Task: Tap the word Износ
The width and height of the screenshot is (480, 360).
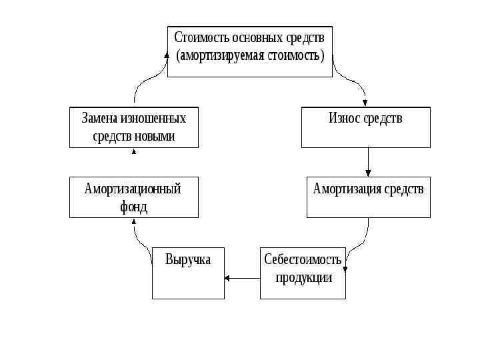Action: point(344,119)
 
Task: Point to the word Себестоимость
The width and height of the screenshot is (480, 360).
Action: point(303,259)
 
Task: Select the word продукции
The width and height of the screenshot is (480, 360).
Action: point(303,277)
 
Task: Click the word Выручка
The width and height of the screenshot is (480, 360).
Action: point(188,259)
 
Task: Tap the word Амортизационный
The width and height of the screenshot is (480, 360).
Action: point(133,189)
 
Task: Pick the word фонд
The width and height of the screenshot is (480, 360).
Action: point(133,207)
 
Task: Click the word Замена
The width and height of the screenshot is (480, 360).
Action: point(100,119)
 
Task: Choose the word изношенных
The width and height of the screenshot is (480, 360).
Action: point(154,119)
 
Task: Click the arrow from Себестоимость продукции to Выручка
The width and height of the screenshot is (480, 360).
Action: point(242,277)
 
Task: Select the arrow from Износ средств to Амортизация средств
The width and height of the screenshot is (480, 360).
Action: point(369,162)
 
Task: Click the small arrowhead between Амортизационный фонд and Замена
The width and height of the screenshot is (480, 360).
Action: point(134,152)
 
